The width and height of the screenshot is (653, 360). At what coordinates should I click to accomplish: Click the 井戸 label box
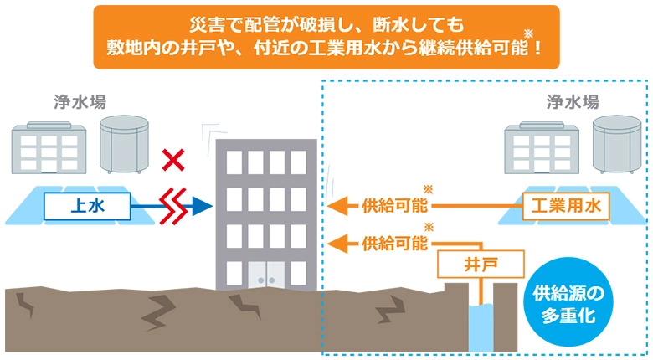480,265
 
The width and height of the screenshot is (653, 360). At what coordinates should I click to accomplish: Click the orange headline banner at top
326,36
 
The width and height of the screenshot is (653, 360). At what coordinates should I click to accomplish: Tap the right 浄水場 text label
572,102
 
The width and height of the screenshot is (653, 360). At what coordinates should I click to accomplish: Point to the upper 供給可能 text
393,205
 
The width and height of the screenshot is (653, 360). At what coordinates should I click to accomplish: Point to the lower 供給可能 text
393,244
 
